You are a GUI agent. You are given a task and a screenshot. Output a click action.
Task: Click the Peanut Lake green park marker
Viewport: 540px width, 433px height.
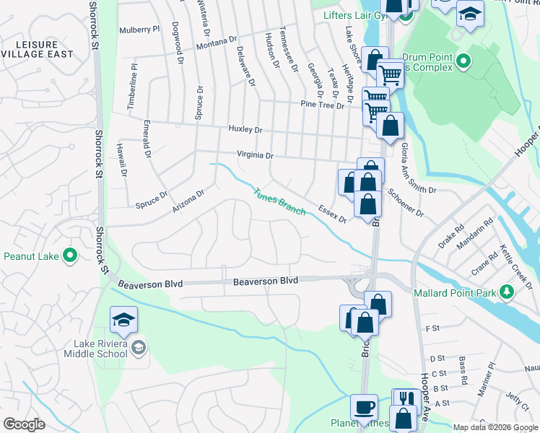tap(70, 255)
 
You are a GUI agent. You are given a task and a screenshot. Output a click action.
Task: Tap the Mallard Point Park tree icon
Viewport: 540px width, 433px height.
tap(507, 292)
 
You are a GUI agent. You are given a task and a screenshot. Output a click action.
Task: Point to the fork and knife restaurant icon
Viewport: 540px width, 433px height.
tap(405, 398)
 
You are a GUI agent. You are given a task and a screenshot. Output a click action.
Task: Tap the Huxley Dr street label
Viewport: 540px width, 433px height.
tap(245, 129)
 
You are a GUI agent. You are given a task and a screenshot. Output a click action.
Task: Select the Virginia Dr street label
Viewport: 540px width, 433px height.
tap(256, 155)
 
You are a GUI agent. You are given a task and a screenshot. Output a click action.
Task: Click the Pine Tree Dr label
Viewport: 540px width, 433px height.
tap(322, 105)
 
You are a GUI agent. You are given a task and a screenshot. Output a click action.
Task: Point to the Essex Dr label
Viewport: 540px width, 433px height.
tap(333, 213)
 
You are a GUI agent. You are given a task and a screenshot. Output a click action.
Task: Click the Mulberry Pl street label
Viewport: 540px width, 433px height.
tap(140, 30)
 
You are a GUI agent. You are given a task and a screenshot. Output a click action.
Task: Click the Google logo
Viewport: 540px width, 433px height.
tap(25, 424)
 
